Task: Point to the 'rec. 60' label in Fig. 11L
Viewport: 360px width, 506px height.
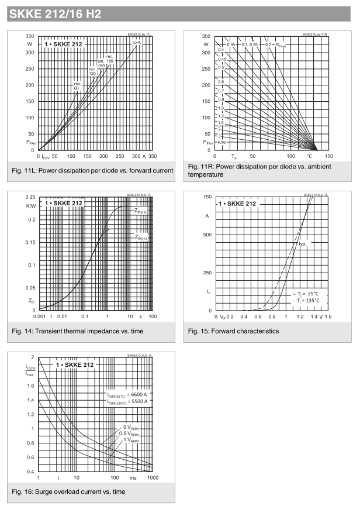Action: click(77, 85)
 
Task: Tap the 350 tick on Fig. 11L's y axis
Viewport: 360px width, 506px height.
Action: click(29, 36)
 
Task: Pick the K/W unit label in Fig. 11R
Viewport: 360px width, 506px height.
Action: click(221, 142)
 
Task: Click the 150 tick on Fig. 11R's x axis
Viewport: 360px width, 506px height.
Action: click(328, 157)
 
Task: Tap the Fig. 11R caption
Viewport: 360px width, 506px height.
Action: click(257, 171)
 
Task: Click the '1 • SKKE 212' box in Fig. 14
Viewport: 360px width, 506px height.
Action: click(63, 204)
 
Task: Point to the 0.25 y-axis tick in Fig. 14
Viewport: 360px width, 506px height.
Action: click(29, 197)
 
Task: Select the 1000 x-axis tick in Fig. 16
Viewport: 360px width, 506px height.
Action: click(153, 478)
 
